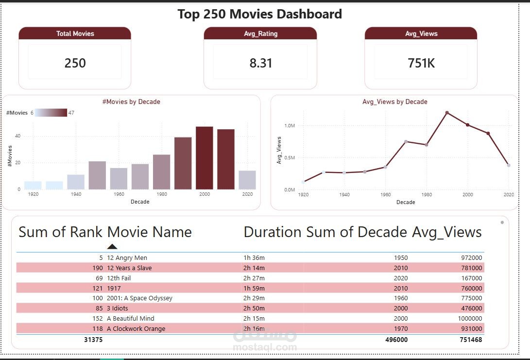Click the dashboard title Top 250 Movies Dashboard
259,14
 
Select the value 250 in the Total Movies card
75,63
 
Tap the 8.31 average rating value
260,63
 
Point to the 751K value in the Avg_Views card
421,63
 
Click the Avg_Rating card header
260,34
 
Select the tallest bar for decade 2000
205,158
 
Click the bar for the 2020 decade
247,180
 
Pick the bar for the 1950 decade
97,175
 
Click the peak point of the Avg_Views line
447,113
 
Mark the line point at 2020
509,165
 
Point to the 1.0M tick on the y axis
289,125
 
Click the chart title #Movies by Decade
131,102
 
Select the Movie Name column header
149,232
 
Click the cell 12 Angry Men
127,258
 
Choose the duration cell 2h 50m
254,309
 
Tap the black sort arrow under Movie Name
112,246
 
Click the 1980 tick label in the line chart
426,195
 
